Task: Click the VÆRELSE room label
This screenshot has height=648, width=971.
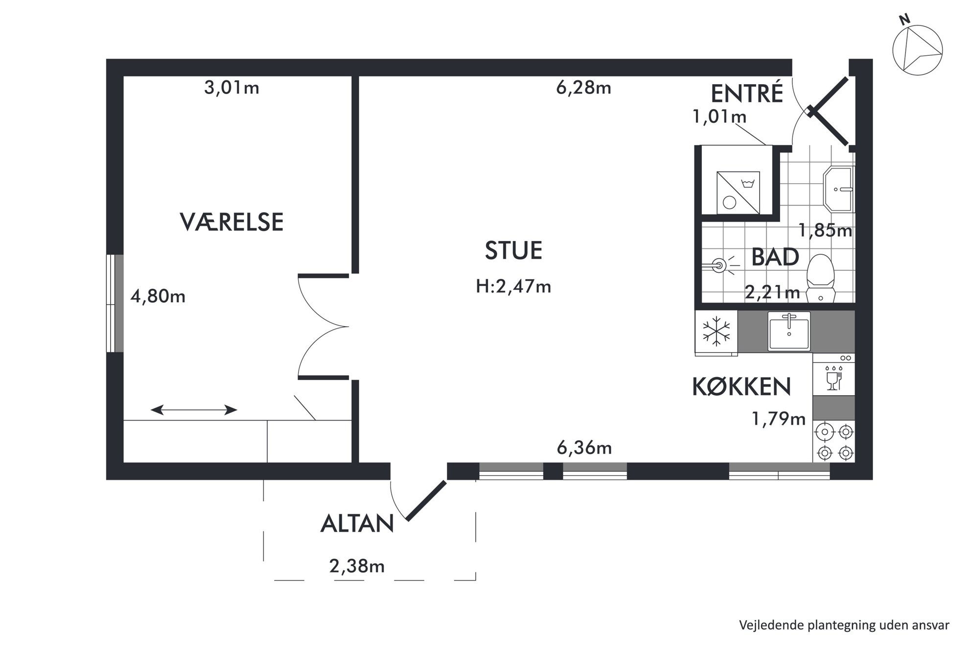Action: click(x=231, y=222)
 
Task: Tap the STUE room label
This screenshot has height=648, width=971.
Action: click(x=513, y=250)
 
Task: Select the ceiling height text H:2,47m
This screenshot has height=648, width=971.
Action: click(x=513, y=286)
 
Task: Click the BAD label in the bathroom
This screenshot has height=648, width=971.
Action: click(x=775, y=257)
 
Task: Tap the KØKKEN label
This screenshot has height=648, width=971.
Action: click(x=741, y=386)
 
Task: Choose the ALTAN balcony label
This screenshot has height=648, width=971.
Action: click(x=357, y=524)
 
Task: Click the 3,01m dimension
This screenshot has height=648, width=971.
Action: click(x=231, y=88)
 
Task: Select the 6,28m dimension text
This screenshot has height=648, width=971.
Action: click(x=584, y=88)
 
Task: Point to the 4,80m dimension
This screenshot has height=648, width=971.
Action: click(x=158, y=296)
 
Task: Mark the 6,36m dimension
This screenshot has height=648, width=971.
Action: click(x=584, y=448)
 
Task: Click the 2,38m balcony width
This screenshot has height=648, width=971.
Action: click(x=357, y=566)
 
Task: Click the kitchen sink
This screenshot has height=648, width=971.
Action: click(x=789, y=331)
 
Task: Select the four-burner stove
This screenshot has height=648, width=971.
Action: click(x=834, y=441)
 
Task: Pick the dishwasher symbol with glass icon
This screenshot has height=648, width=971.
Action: click(x=834, y=375)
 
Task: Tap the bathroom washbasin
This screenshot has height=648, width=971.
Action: click(x=839, y=189)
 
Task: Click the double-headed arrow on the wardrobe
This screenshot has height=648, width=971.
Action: click(x=194, y=410)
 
